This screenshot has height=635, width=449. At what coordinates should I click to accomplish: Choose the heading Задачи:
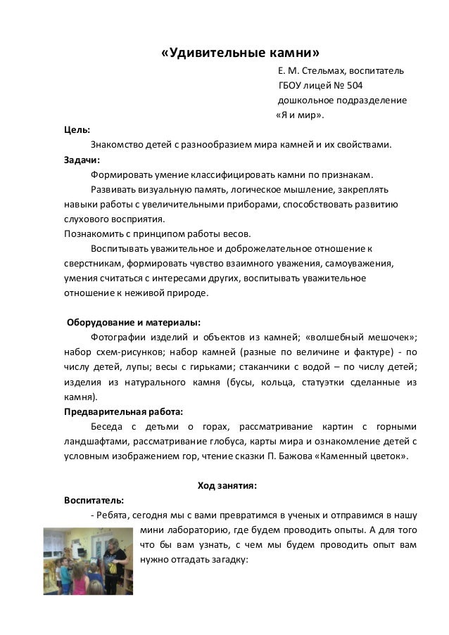click(82, 160)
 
